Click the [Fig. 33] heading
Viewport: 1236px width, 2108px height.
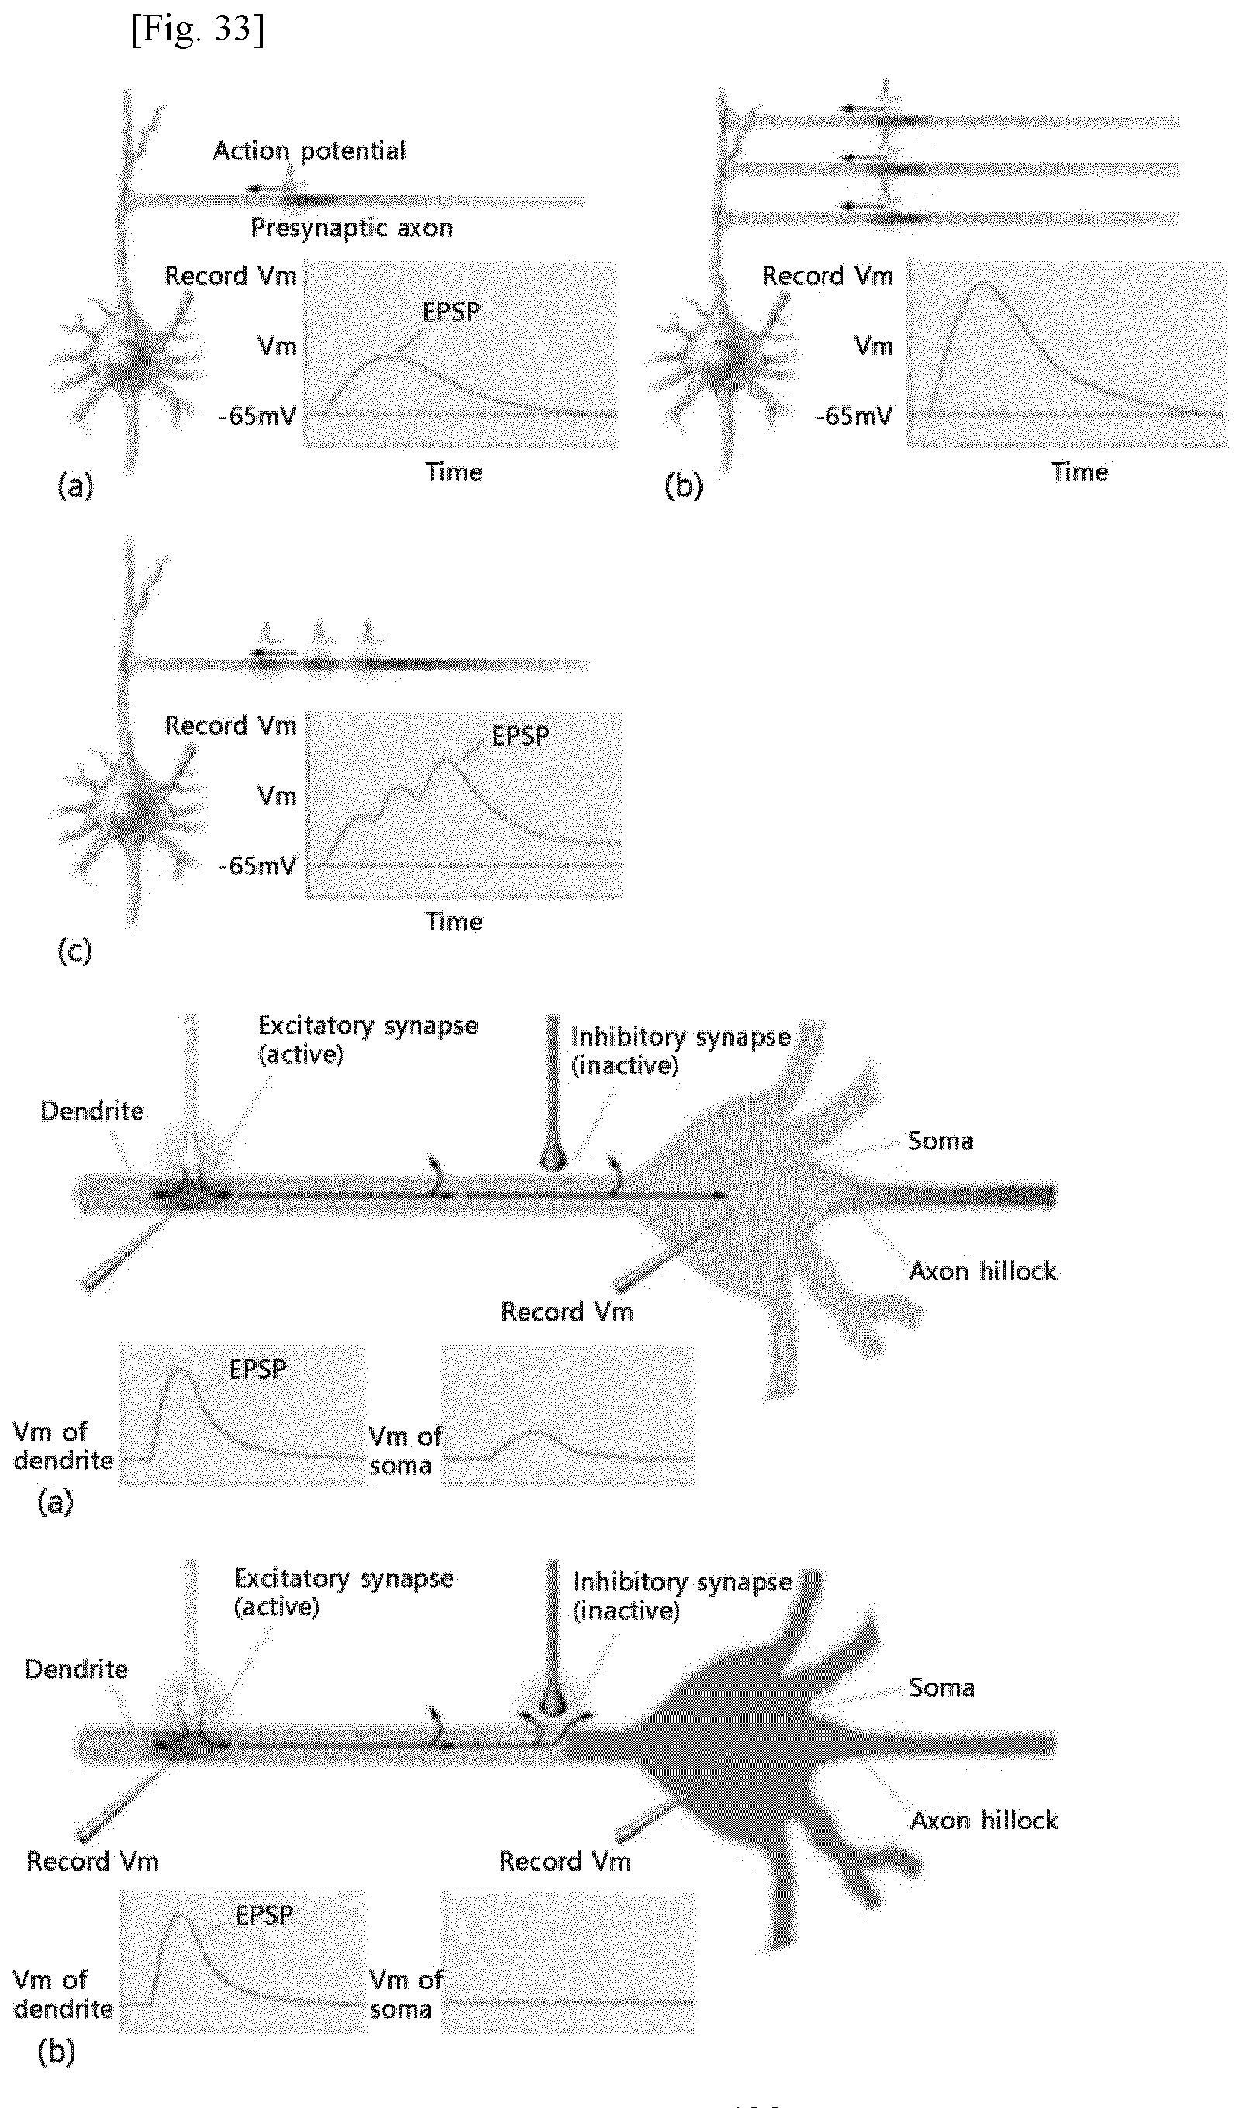pyautogui.click(x=198, y=29)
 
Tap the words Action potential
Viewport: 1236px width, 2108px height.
pyautogui.click(x=309, y=151)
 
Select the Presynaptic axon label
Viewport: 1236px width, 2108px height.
pyautogui.click(x=351, y=227)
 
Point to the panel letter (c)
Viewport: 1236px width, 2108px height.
pyautogui.click(x=74, y=950)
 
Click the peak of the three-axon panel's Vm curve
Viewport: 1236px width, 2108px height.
pyautogui.click(x=984, y=285)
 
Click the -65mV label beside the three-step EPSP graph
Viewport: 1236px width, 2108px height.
pyautogui.click(x=257, y=865)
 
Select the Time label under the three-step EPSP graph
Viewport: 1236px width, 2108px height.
pyautogui.click(x=454, y=921)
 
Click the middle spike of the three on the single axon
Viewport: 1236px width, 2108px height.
pyautogui.click(x=319, y=632)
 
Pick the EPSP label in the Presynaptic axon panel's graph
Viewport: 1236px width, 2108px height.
pyautogui.click(x=451, y=312)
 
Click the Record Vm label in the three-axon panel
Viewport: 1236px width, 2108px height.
pyautogui.click(x=827, y=275)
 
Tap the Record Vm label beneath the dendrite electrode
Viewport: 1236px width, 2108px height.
pyautogui.click(x=92, y=1861)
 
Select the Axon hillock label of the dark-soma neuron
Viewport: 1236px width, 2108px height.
pyautogui.click(x=983, y=1820)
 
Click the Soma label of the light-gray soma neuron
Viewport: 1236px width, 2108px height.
pyautogui.click(x=940, y=1141)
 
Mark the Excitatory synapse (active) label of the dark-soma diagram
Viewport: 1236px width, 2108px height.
pyautogui.click(x=344, y=1592)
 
